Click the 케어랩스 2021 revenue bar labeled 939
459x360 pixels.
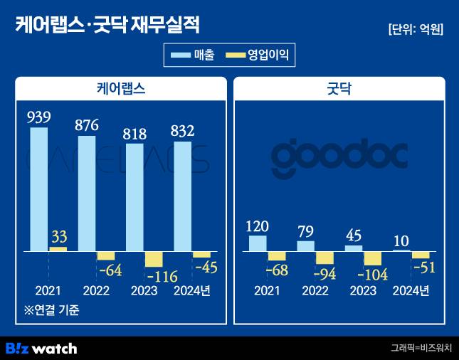point(39,189)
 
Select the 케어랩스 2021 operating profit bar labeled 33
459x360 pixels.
point(58,249)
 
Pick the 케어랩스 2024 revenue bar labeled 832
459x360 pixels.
point(182,196)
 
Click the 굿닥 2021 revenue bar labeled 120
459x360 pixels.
point(258,243)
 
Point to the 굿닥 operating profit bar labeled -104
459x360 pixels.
point(373,258)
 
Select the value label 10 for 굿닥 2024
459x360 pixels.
point(401,241)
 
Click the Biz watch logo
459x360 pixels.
point(41,348)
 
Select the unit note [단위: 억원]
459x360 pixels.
point(416,29)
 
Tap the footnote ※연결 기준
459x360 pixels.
point(51,310)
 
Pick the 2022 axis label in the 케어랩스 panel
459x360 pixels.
point(96,290)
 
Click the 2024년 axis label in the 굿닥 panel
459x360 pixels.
point(411,290)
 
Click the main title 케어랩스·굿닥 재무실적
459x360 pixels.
point(107,26)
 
